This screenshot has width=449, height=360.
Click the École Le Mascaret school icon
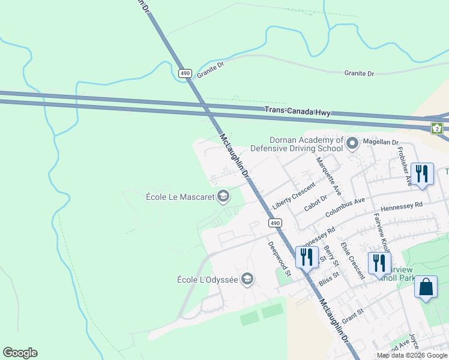[223, 196]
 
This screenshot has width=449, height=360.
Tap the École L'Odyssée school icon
[247, 278]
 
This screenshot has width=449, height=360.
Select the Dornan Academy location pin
[352, 143]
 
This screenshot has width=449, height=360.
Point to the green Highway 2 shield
[437, 127]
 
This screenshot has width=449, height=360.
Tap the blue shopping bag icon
[426, 287]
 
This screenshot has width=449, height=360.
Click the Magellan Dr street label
[379, 142]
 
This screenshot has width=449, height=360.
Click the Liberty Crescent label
[294, 196]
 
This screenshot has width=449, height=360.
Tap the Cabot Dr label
[315, 203]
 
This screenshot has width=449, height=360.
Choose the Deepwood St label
[279, 259]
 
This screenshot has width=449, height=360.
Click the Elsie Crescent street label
[352, 260]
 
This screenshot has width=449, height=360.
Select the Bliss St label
[330, 278]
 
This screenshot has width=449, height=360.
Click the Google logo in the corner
[20, 353]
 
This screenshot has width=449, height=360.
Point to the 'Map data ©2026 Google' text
[411, 355]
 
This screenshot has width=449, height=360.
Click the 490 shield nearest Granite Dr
[184, 73]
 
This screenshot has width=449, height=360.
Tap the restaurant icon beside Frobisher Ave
[423, 175]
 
